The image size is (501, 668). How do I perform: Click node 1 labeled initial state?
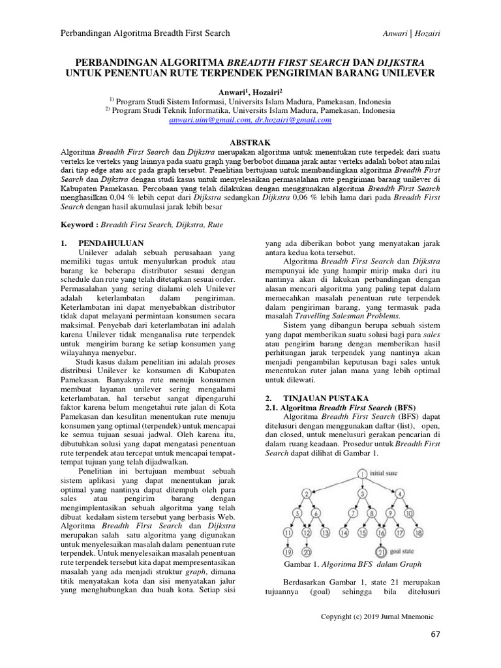[362, 474]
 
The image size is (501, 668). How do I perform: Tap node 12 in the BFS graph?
[307, 534]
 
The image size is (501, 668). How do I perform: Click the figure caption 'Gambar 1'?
[354, 564]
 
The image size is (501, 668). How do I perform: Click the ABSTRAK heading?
[250, 142]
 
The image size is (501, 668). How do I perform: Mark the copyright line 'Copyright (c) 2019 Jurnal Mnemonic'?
[382, 616]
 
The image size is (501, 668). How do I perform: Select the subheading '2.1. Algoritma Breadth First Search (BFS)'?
[332, 407]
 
